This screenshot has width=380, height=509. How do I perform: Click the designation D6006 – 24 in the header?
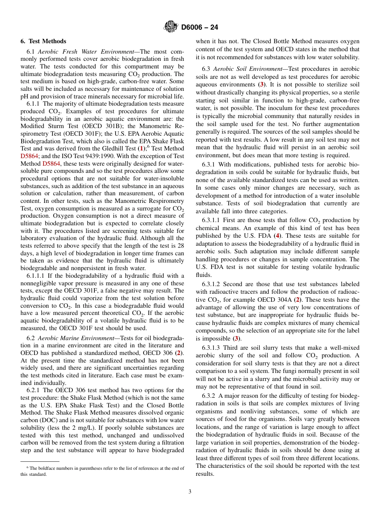point(199,28)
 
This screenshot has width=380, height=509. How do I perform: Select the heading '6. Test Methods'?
point(43,41)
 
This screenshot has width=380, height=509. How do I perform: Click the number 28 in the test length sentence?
point(180,246)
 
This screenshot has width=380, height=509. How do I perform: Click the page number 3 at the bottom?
point(190,492)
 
